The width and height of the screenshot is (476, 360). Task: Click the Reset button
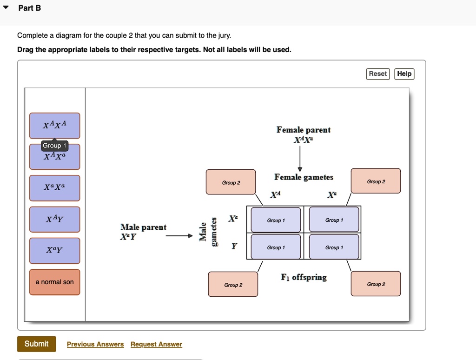pyautogui.click(x=377, y=74)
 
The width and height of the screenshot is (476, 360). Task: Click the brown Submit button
pyautogui.click(x=36, y=344)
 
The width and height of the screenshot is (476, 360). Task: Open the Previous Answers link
pyautogui.click(x=95, y=344)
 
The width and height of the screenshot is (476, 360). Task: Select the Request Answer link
pyautogui.click(x=156, y=344)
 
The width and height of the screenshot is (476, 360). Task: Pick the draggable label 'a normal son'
pyautogui.click(x=54, y=282)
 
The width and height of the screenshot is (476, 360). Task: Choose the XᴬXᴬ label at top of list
pyautogui.click(x=54, y=125)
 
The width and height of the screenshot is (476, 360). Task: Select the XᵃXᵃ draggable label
pyautogui.click(x=54, y=187)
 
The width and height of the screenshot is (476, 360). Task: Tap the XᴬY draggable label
pyautogui.click(x=54, y=219)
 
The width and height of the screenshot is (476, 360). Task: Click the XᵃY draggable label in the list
pyautogui.click(x=54, y=250)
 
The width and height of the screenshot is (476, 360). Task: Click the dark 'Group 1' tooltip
pyautogui.click(x=54, y=146)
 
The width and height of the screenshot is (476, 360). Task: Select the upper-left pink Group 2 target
pyautogui.click(x=231, y=182)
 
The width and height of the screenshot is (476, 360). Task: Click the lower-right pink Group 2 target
pyautogui.click(x=376, y=284)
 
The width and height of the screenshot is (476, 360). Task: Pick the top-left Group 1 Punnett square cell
pyautogui.click(x=276, y=220)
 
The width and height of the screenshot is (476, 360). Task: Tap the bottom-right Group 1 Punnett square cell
pyautogui.click(x=334, y=247)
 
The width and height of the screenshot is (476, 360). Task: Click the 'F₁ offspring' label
pyautogui.click(x=304, y=277)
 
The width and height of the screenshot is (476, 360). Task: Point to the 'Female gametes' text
pyautogui.click(x=304, y=177)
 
